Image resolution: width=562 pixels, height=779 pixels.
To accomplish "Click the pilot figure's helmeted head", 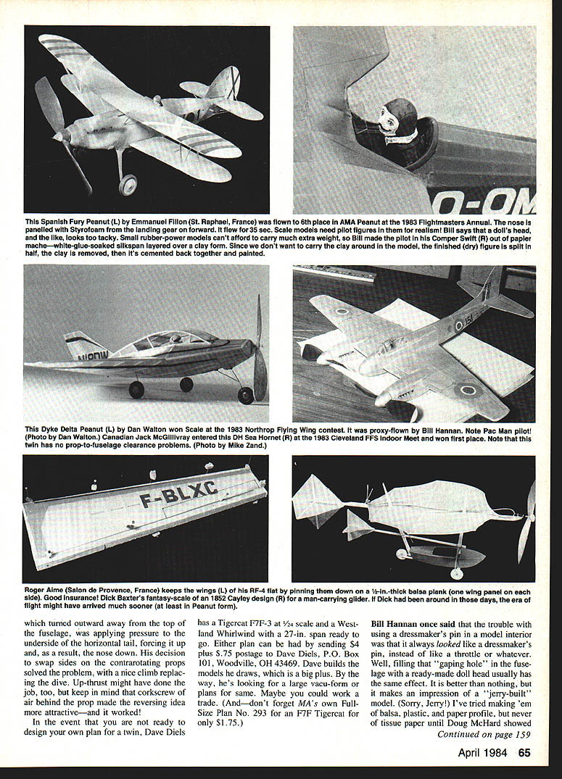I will coord(400,116).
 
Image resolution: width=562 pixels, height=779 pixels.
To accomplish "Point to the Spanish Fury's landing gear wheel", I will coord(128,186).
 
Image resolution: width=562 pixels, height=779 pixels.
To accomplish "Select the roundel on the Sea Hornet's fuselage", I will coord(459,325).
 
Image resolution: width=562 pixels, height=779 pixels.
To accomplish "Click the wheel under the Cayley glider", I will coord(402,554).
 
